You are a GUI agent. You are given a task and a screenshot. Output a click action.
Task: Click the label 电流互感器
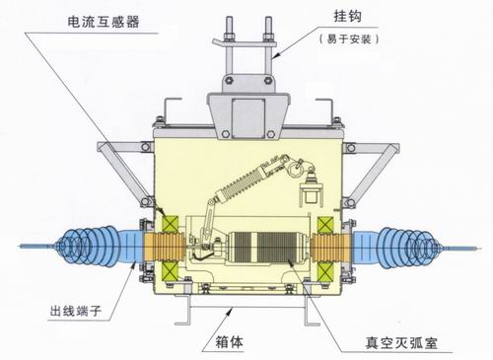pos(104,22)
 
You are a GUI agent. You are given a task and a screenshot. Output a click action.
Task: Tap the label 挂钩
pos(348,16)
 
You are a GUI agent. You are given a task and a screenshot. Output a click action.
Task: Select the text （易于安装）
pos(349,39)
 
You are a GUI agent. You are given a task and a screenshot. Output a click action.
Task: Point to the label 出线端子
pos(76,311)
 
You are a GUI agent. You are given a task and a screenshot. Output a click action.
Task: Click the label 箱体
pos(230,342)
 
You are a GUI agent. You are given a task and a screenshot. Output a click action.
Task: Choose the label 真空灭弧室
pos(401,343)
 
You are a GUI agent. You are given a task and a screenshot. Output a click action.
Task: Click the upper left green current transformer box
pos(171,224)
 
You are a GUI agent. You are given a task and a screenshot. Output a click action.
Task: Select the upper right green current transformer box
pos(325,225)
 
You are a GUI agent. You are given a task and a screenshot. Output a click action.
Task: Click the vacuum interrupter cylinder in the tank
pos(267,248)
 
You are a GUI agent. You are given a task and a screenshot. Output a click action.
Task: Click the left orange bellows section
pos(164,248)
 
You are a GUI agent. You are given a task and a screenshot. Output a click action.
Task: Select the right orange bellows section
pos(332,248)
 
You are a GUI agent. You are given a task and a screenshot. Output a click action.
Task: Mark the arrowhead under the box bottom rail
pos(230,311)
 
